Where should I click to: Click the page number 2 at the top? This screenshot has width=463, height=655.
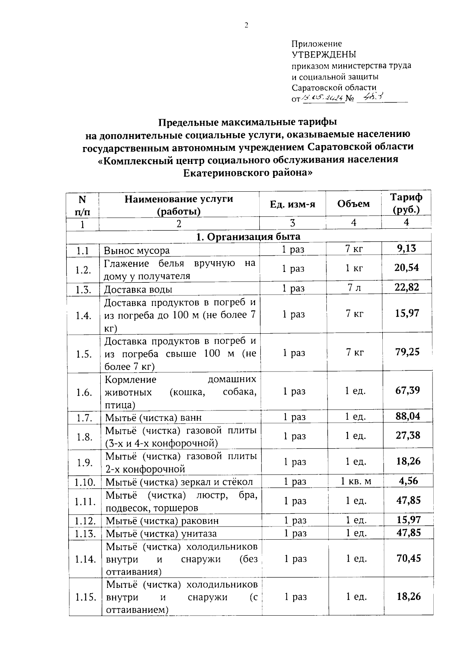tap(246, 25)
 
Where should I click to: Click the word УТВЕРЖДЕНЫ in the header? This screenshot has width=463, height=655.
tap(324, 54)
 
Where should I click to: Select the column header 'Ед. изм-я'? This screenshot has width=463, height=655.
tap(292, 204)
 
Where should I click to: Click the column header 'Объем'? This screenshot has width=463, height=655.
tap(353, 204)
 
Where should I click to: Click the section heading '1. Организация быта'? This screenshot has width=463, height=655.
tap(248, 236)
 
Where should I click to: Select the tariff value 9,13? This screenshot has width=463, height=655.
tap(407, 248)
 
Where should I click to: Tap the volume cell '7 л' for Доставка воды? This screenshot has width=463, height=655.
tap(353, 288)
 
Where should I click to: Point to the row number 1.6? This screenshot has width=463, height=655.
tap(84, 392)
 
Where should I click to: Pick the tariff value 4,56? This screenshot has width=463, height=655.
tap(408, 481)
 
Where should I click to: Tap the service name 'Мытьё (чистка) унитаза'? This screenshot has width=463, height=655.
tap(161, 533)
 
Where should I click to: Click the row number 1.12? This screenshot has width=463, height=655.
tap(85, 521)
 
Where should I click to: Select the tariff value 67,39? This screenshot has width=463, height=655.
tap(407, 390)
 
